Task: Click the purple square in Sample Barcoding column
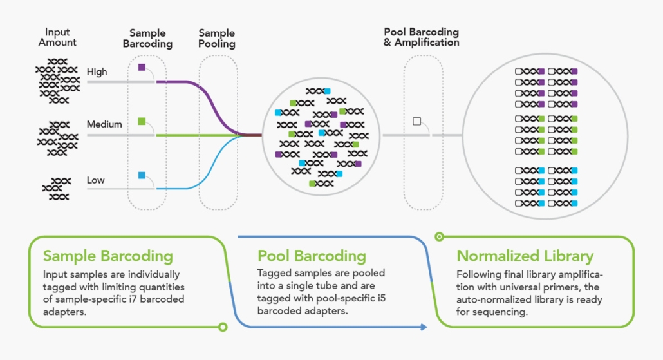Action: (142, 68)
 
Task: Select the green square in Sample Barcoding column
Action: (142, 120)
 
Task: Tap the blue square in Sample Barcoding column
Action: (142, 175)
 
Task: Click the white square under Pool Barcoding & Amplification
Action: (416, 121)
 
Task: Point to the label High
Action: (97, 72)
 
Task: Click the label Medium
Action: (104, 124)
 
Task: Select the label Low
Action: (96, 180)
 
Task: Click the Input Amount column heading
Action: (57, 37)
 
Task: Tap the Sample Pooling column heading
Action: (217, 39)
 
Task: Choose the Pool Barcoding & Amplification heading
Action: (422, 37)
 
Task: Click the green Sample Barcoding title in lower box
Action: (107, 256)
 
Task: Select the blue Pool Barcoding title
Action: (312, 256)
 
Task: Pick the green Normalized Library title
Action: (525, 256)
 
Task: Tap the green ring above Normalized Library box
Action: (440, 236)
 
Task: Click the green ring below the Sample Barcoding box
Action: (223, 327)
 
